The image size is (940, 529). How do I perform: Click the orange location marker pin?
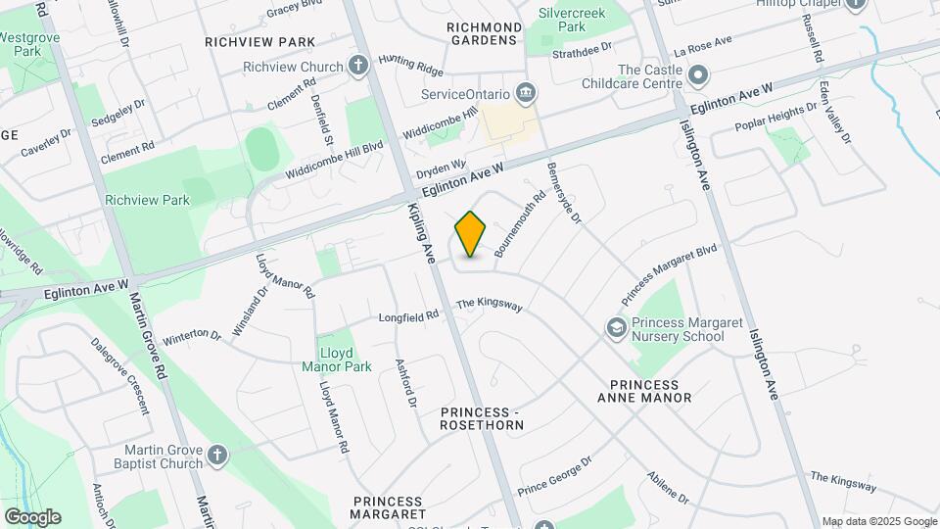point(471,233)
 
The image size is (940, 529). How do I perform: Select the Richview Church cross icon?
point(358,68)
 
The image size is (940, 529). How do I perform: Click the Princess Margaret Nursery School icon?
point(617,327)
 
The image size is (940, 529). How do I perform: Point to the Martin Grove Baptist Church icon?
point(217,455)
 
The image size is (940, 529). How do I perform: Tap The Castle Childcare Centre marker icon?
point(698,75)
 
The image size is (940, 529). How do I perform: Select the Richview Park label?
point(148,200)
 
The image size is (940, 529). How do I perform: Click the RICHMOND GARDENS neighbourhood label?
point(483,32)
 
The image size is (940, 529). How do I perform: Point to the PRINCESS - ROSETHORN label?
point(482,418)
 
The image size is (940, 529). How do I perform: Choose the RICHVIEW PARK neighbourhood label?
point(260,42)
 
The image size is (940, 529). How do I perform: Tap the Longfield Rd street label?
point(407,315)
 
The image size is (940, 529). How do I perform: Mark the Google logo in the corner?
point(32,517)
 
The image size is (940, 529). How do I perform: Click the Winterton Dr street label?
point(192,334)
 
